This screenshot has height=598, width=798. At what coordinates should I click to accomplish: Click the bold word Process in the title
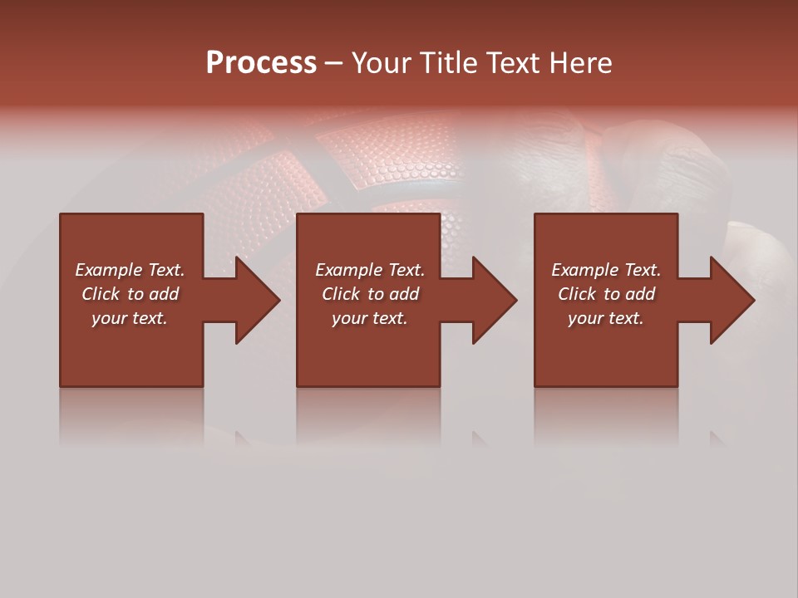click(261, 63)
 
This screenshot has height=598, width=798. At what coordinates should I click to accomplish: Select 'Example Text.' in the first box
click(130, 270)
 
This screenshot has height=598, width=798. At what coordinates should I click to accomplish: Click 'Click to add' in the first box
click(130, 294)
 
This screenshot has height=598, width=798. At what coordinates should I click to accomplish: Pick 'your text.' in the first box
click(130, 318)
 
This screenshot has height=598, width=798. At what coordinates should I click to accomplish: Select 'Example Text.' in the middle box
click(370, 270)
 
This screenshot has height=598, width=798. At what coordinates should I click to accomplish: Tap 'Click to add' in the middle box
click(370, 294)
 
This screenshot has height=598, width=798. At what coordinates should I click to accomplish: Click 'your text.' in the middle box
click(370, 318)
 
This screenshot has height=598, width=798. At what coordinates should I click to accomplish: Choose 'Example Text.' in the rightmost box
click(606, 270)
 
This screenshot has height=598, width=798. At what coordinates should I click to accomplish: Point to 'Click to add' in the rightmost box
click(606, 294)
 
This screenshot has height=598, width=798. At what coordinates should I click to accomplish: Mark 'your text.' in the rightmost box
click(606, 318)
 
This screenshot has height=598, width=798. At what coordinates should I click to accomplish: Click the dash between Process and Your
click(333, 64)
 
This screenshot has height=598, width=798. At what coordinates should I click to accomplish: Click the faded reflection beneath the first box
click(131, 415)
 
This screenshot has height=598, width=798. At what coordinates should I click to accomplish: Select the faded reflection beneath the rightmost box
click(606, 415)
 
